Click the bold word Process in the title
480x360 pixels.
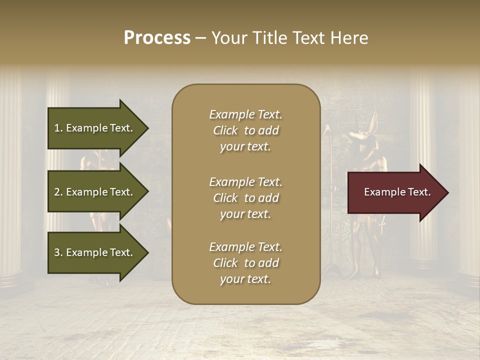(x=157, y=38)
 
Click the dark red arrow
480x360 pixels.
(x=395, y=192)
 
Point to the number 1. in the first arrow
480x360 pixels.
(x=58, y=128)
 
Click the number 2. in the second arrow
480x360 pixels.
(x=58, y=192)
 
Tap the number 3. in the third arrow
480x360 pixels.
(x=58, y=252)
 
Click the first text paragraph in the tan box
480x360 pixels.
(x=245, y=130)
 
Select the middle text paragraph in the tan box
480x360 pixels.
(x=245, y=198)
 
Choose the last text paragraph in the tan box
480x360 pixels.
(x=245, y=263)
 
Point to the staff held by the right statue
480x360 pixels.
(x=330, y=200)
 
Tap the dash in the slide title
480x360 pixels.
(x=201, y=38)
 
